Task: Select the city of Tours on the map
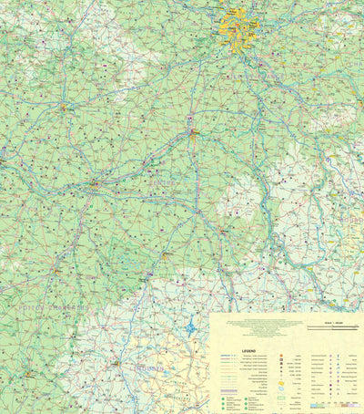click(93, 184)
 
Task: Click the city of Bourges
click(222, 232)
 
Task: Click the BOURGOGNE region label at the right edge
click(350, 219)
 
